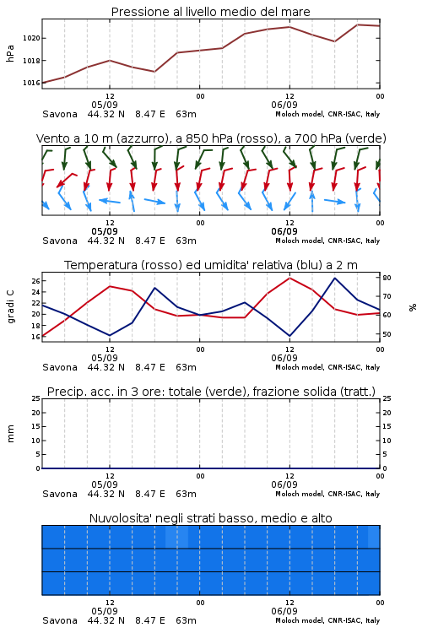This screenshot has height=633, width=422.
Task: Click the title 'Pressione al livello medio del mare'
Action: tap(210, 12)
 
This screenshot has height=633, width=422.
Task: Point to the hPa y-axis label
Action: tap(10, 53)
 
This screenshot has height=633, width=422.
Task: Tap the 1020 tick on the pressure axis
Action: tap(31, 38)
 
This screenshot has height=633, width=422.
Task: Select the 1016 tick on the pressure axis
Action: tap(31, 83)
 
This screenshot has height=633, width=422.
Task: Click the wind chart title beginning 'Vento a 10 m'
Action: tap(211, 138)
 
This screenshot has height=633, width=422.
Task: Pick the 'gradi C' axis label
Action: tap(10, 307)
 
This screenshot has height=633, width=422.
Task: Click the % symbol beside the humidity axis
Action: tap(413, 307)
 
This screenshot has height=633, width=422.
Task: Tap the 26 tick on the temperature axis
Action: tap(35, 280)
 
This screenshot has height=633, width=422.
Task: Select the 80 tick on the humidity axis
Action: tap(387, 278)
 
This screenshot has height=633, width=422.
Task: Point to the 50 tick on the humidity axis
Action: tap(387, 334)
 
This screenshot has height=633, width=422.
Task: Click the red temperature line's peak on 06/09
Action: tap(289, 278)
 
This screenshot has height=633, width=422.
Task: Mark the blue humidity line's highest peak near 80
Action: tap(335, 278)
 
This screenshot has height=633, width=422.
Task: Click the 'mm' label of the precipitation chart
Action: tap(10, 434)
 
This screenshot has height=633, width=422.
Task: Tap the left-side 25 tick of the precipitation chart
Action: tap(35, 398)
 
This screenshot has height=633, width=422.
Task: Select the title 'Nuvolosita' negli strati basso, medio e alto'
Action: tap(210, 518)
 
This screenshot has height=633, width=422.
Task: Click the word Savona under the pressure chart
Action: tap(60, 114)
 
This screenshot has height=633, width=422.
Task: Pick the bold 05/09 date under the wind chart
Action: tap(105, 231)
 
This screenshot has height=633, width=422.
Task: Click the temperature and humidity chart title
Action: tap(211, 265)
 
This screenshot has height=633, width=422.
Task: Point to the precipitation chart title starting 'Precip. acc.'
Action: tap(211, 392)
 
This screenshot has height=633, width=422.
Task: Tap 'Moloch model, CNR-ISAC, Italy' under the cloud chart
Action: tap(327, 620)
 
